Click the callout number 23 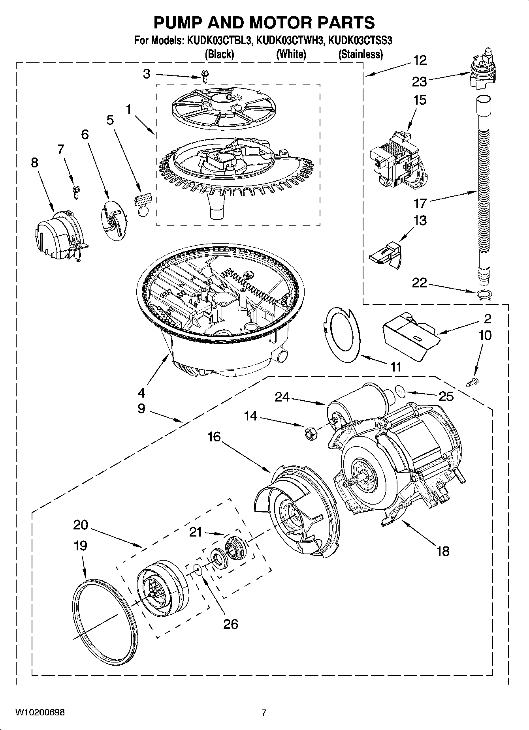pos(419,82)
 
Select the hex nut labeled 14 pos(309,433)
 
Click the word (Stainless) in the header pos(360,54)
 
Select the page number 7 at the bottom pos(264,713)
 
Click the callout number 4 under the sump pos(141,392)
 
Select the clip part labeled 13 pos(385,255)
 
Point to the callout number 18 pos(443,551)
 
